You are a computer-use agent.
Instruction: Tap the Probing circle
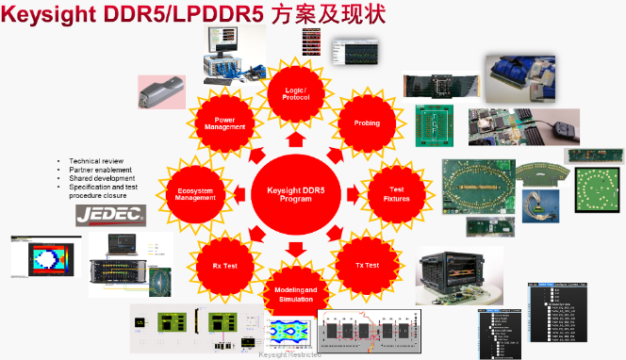tap(366, 123)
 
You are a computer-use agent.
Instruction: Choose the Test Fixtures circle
tap(396, 194)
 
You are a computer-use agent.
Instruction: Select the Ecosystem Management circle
tap(194, 194)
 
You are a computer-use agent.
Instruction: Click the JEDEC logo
tap(111, 215)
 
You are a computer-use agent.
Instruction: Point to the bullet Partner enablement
tap(100, 170)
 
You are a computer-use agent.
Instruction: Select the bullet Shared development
tap(102, 178)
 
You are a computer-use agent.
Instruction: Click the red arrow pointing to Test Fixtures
tap(352, 194)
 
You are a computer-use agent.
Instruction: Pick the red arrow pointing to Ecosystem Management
tap(237, 194)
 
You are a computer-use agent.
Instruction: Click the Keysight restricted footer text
tap(289, 354)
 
